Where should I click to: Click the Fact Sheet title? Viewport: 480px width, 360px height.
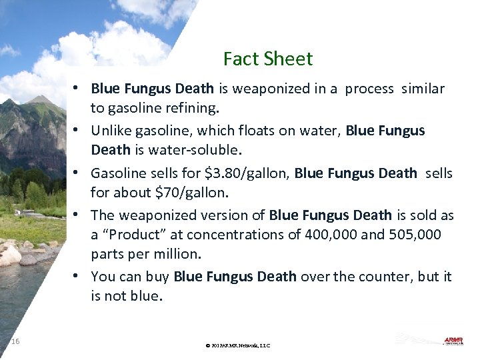pos(268,59)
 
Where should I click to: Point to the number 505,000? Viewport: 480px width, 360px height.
pos(422,235)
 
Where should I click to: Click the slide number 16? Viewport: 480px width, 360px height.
pos(15,341)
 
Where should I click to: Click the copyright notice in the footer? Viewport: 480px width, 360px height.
pos(238,345)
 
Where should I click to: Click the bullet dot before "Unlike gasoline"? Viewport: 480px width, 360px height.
pos(78,131)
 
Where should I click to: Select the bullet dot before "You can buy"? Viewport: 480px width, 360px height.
pos(78,276)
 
